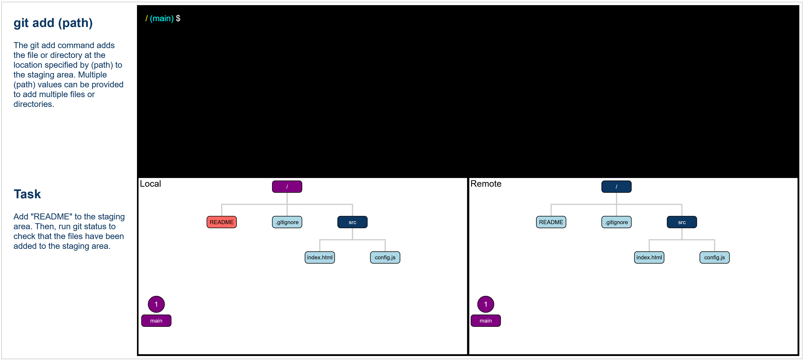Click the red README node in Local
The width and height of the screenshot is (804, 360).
pos(221,222)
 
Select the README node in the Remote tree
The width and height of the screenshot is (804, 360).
pos(551,222)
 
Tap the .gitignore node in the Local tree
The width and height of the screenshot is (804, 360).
pos(287,222)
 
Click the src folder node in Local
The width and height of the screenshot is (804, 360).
pos(352,222)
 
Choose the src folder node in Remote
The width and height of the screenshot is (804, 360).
pos(682,222)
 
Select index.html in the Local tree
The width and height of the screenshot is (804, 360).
pos(320,257)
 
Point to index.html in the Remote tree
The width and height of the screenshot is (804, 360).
pos(649,257)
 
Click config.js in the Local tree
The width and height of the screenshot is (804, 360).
pos(385,257)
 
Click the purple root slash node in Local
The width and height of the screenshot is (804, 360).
pos(287,186)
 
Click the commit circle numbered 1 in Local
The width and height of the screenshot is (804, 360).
pos(156,304)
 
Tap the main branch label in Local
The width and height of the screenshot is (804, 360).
pos(156,321)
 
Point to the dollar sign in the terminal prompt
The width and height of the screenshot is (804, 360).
pos(178,18)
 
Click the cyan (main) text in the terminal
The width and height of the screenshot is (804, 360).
pos(162,18)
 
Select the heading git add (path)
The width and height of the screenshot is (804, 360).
pos(53,23)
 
